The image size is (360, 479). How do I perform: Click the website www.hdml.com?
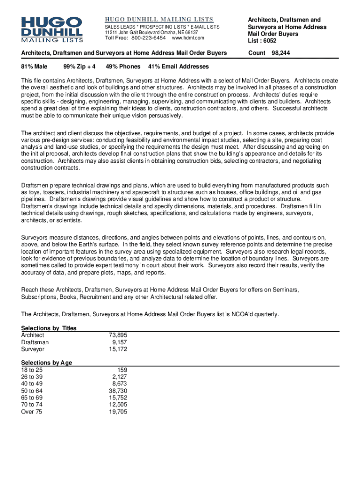coord(188,38)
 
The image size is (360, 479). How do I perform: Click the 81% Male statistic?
coord(34,66)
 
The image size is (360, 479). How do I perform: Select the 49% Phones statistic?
coord(123,66)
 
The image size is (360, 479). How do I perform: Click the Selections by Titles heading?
coord(49,328)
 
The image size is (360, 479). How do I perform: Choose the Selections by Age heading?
coord(46,363)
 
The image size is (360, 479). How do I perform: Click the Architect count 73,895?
coord(117,335)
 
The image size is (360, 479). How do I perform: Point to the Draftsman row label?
coord(35,342)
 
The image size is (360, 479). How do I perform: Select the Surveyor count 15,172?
coord(117,349)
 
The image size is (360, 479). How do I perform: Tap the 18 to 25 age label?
coord(31,370)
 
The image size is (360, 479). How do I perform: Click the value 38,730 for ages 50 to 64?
coord(117,391)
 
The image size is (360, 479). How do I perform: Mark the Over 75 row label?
coord(31,412)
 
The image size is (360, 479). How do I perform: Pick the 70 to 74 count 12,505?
coord(117,405)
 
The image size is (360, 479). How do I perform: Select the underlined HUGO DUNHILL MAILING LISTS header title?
coord(158,19)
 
